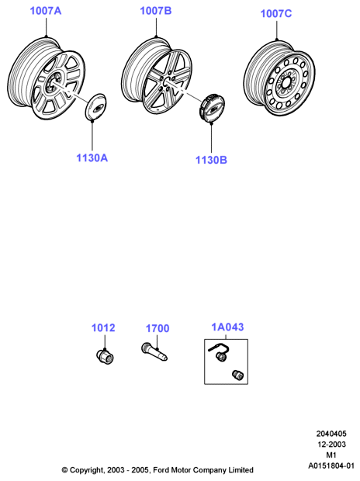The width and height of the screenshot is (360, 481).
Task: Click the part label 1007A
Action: coord(46,11)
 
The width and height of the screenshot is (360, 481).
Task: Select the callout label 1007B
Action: coord(156,11)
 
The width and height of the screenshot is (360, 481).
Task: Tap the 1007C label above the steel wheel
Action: coord(276,13)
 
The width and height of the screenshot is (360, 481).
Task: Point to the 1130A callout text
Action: coord(92,158)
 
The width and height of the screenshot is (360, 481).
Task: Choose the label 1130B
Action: coord(211,160)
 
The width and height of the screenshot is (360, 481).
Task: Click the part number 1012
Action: coord(103,328)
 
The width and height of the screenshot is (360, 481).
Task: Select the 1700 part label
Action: coord(157,328)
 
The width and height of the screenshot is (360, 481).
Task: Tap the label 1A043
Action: coord(227,327)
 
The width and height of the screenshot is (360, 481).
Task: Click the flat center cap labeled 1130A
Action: coord(95,106)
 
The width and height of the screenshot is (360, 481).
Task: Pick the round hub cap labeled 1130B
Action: coord(212,108)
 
